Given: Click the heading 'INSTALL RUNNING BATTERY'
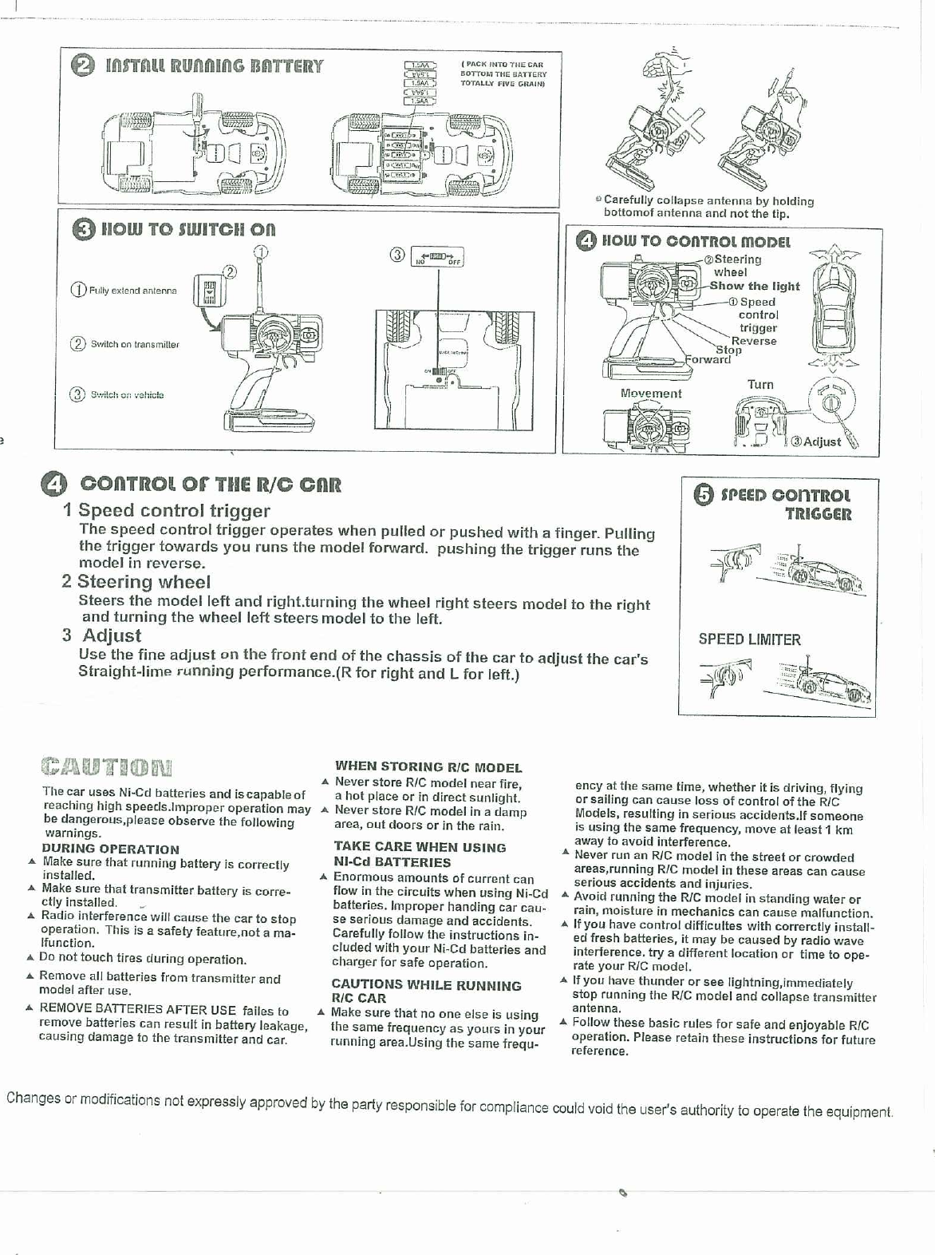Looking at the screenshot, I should click(x=214, y=66).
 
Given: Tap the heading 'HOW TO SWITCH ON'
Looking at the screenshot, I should click(x=187, y=229).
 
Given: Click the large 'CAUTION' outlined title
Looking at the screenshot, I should click(x=107, y=768).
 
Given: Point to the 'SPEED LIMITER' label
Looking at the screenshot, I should click(x=749, y=639).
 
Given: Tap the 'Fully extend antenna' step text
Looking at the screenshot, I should click(x=132, y=291).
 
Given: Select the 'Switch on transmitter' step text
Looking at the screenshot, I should click(x=134, y=344).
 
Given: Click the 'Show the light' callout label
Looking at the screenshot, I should click(x=754, y=286).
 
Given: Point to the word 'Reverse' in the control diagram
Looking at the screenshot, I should click(x=754, y=341).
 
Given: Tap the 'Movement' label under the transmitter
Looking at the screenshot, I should click(x=651, y=394).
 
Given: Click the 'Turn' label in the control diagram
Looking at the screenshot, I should click(x=760, y=385).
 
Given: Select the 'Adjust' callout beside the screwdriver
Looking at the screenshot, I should click(x=821, y=441).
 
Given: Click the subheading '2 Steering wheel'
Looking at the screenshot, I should click(x=136, y=582).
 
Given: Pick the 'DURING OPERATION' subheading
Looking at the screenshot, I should click(x=110, y=849).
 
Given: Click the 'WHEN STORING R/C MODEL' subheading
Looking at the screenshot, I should click(x=428, y=767).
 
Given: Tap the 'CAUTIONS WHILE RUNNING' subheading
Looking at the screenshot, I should click(x=426, y=985).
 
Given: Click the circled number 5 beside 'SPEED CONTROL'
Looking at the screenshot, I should click(x=703, y=496).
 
